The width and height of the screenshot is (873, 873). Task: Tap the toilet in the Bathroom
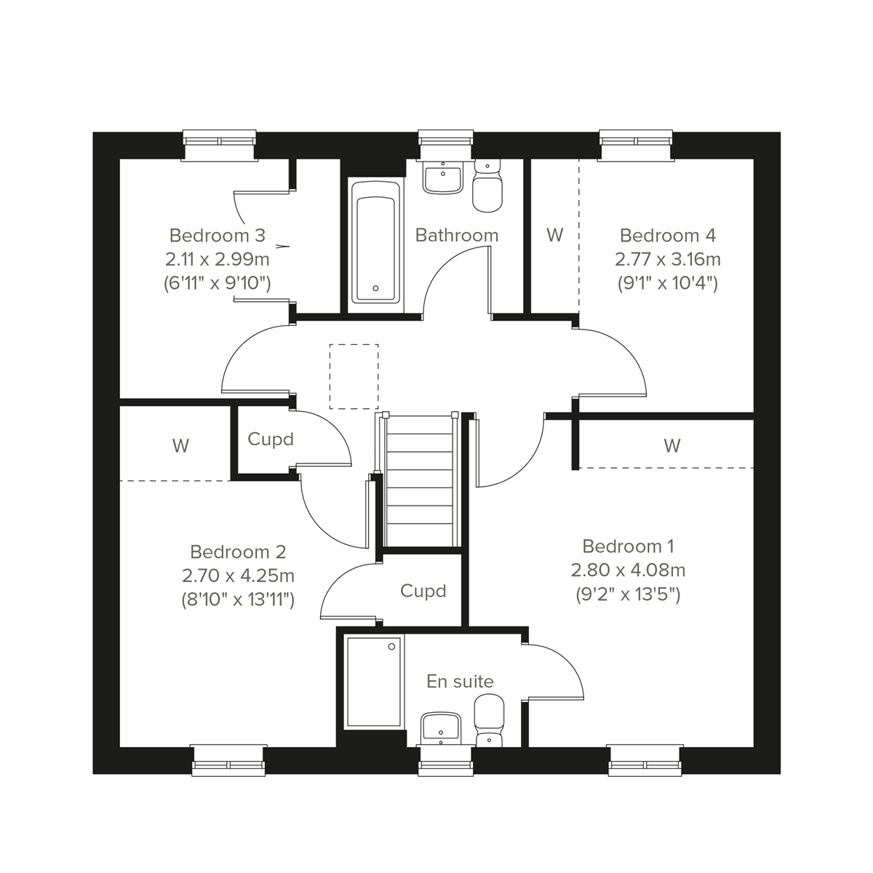(x=487, y=187)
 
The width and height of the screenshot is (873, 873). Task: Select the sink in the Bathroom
(x=442, y=178)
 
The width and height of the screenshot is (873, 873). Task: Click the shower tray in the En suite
(x=373, y=682)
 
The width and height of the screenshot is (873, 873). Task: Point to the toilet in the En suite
(x=489, y=719)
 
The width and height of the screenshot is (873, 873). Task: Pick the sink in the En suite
(x=441, y=727)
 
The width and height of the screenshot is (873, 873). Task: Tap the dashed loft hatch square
(x=354, y=376)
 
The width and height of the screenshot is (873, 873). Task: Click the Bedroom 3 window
(x=220, y=144)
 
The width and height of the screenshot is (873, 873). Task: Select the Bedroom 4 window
(x=636, y=144)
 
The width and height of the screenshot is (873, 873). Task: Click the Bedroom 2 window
(x=228, y=760)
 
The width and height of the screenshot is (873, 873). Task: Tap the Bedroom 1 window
(x=645, y=760)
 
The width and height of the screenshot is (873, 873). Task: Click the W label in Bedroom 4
(x=554, y=235)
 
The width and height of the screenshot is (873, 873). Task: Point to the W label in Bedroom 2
(x=180, y=445)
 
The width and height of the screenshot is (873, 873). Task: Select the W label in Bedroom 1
(x=671, y=445)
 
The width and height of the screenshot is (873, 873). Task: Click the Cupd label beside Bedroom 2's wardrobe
(x=270, y=439)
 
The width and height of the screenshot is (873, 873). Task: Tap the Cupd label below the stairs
(x=423, y=591)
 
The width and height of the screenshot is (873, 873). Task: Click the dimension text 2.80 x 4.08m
(x=628, y=570)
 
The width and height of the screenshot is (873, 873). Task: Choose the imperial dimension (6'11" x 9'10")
(x=218, y=283)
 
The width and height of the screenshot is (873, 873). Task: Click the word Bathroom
(x=457, y=235)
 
